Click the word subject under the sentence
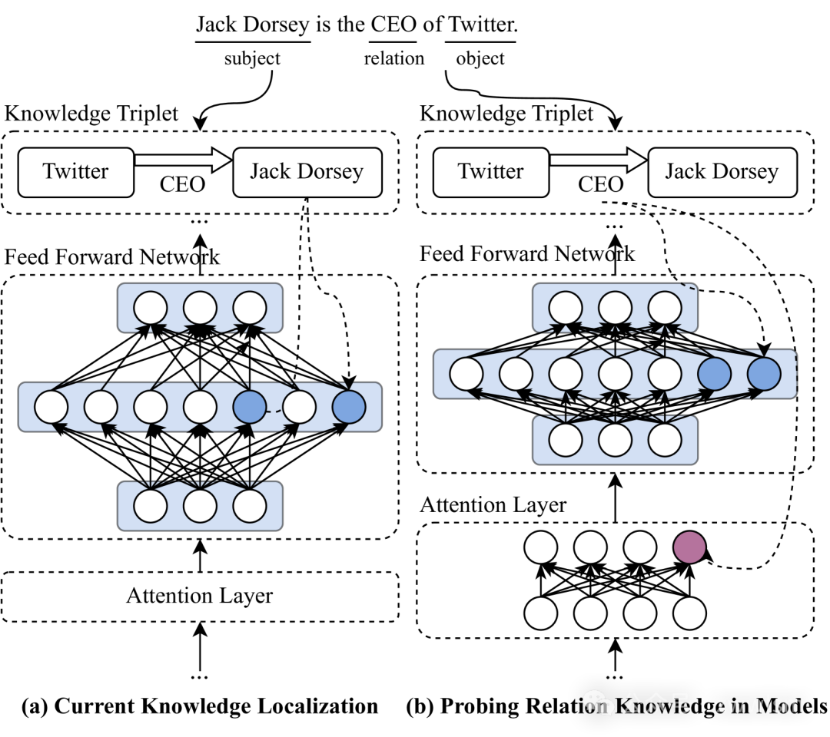[x=252, y=58]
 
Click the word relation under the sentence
[x=393, y=58]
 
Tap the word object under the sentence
[x=480, y=58]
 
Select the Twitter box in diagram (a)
[x=75, y=173]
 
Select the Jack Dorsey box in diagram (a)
[x=307, y=173]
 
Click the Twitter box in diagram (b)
[x=490, y=173]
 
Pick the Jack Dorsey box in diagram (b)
[x=722, y=173]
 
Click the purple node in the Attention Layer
[x=689, y=547]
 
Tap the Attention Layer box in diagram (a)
[x=200, y=597]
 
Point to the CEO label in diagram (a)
[x=182, y=184]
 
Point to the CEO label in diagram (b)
[x=600, y=184]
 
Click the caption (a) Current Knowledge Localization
[x=200, y=706]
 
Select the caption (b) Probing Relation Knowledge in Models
[x=616, y=706]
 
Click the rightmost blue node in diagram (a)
[x=349, y=407]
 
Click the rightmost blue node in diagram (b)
[x=764, y=374]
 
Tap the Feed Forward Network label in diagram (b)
[x=526, y=254]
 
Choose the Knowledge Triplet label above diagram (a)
[x=91, y=113]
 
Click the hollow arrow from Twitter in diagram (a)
[x=183, y=159]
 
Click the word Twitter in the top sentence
[x=482, y=25]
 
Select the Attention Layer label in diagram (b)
[x=493, y=505]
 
